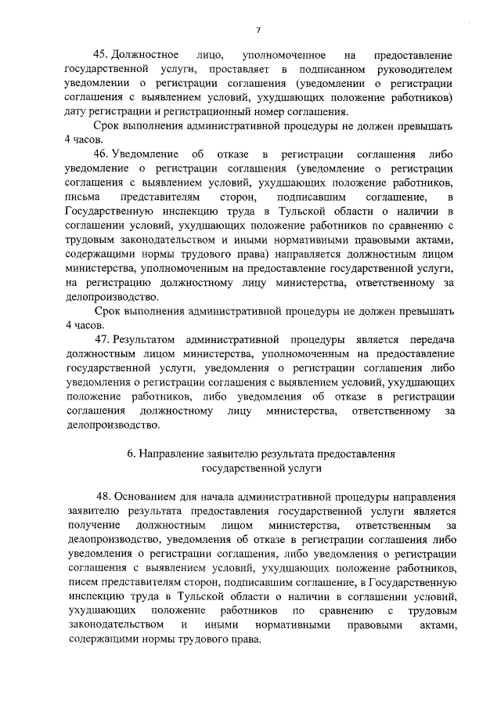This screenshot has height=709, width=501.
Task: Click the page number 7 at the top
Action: pos(257,30)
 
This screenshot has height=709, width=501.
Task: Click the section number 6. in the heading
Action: pos(132,453)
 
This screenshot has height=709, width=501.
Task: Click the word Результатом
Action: pos(145,339)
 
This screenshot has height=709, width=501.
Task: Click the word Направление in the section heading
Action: pos(173,453)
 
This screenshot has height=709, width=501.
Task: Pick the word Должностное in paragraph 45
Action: pos(145,56)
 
